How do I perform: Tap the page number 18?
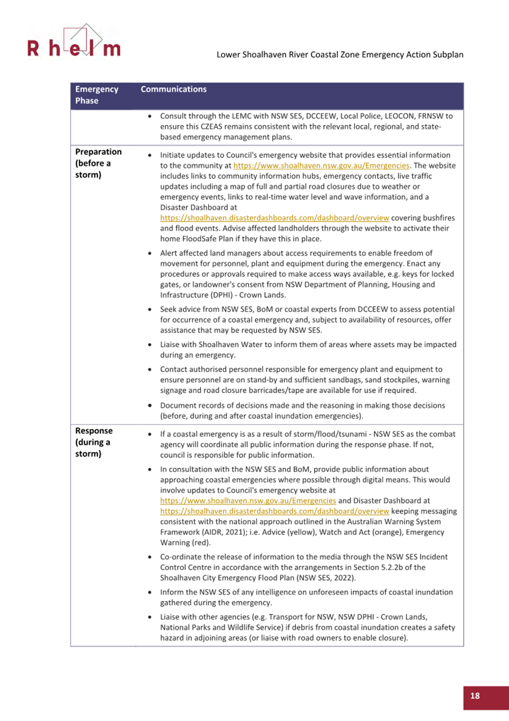point(474,697)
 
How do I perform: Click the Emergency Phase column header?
point(97,95)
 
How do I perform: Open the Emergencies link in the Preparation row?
point(322,165)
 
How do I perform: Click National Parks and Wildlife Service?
point(223,628)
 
